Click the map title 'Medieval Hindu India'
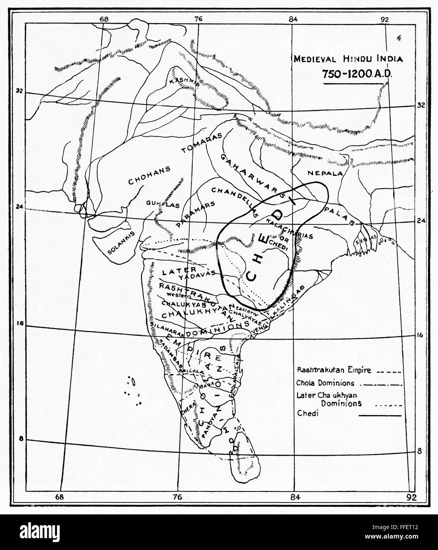[x=347, y=60]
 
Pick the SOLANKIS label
[x=121, y=242]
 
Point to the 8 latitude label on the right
[x=420, y=451]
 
